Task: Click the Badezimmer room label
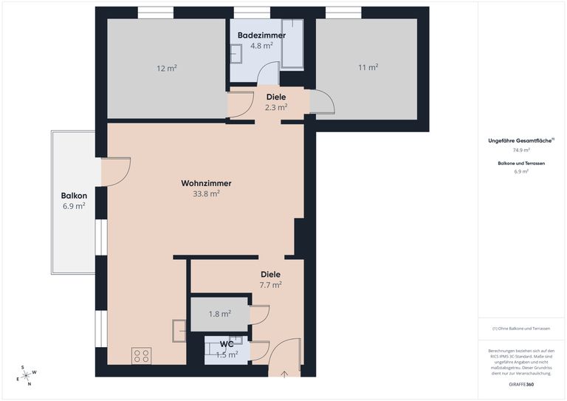pos(261,35)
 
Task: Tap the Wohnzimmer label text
pos(206,183)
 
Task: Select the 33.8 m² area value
pos(206,194)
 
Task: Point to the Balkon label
pos(74,196)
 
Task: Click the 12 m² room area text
pos(166,68)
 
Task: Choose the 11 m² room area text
pos(368,67)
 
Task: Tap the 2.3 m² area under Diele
pos(275,107)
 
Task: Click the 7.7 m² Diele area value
pos(270,284)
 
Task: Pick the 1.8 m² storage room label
pos(219,314)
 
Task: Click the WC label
pos(227,344)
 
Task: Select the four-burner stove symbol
pos(141,356)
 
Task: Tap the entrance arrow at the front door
pos(284,373)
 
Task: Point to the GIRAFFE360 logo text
pos(521,385)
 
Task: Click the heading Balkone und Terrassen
pos(521,162)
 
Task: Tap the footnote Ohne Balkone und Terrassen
pos(521,329)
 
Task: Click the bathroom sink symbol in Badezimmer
pos(236,54)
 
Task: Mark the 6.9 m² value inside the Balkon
pos(74,206)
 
